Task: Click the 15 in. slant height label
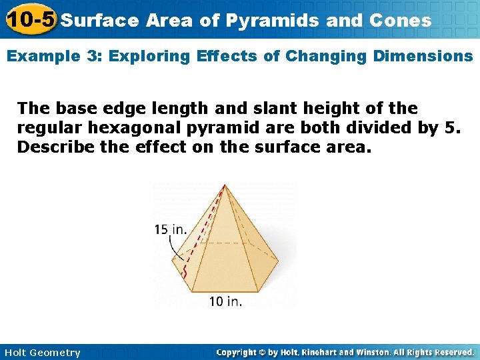point(170,229)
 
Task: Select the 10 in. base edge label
point(225,301)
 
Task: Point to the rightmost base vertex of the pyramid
point(277,267)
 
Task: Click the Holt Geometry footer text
point(42,353)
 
